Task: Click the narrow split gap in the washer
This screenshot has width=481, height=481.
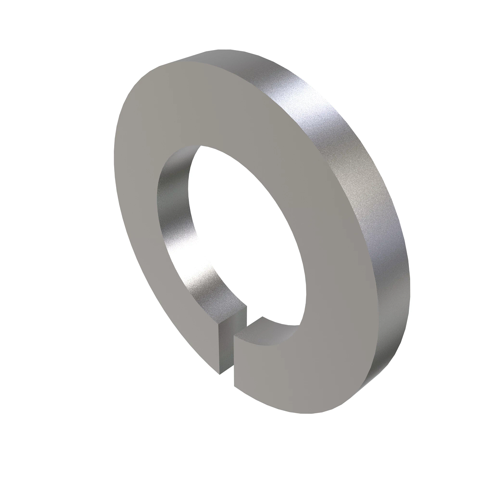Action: pyautogui.click(x=227, y=353)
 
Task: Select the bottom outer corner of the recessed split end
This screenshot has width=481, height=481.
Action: pyautogui.click(x=219, y=375)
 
